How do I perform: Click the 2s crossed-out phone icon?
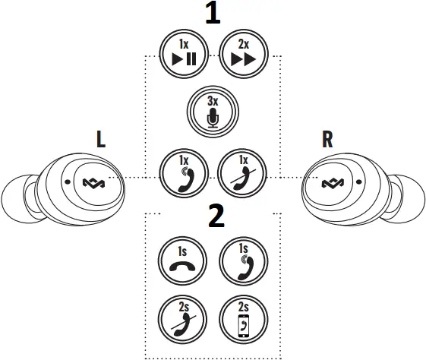tap(182, 319)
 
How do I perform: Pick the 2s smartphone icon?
tap(241, 319)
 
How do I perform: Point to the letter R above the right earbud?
tap(328, 139)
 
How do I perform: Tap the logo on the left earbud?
tap(96, 182)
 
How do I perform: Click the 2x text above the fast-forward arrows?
tap(241, 43)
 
